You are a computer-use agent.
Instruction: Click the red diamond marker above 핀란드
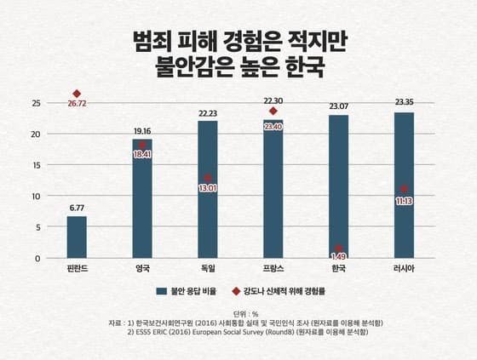click(77, 94)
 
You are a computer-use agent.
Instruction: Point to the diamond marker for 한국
click(338, 248)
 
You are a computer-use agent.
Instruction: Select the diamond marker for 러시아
click(404, 189)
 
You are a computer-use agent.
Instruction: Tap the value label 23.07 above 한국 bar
click(338, 106)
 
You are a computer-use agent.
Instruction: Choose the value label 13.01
click(208, 189)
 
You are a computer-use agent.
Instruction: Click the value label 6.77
click(77, 207)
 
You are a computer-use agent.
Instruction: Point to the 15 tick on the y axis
click(36, 165)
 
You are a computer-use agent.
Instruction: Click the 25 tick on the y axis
click(36, 103)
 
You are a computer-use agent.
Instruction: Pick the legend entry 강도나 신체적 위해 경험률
click(280, 290)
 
